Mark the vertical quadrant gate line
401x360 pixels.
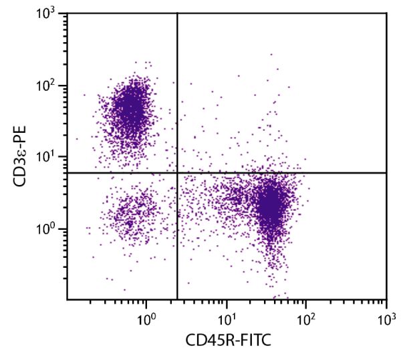tap(177, 100)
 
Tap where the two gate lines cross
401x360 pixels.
tap(177, 173)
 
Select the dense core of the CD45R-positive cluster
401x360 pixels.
tap(270, 206)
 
